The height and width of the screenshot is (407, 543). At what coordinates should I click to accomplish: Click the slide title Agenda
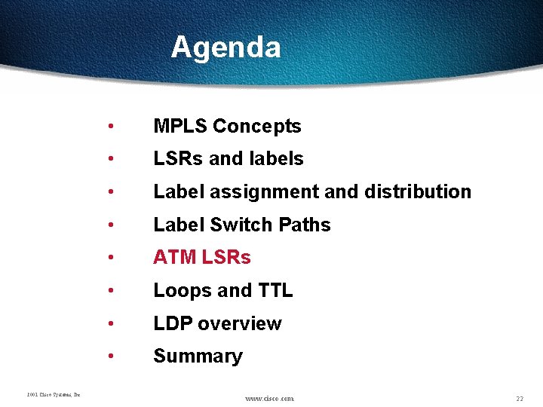(225, 47)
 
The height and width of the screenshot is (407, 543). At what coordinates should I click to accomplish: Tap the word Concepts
(257, 127)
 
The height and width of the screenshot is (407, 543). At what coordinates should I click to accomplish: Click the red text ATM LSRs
(202, 258)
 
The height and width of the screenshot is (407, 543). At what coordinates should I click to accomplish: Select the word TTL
(275, 291)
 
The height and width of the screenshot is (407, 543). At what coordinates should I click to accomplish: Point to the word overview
(240, 324)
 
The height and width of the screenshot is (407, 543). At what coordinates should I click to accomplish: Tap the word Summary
(198, 357)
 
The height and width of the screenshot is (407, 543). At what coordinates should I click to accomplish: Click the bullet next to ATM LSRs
(111, 258)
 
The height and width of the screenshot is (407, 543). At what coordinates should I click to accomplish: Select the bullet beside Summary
(111, 357)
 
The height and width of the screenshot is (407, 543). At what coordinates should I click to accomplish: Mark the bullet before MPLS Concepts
(111, 127)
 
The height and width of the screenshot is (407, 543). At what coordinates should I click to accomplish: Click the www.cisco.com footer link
(270, 398)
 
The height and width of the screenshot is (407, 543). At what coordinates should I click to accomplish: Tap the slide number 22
(520, 398)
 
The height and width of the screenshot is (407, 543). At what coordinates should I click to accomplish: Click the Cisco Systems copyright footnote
(54, 394)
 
